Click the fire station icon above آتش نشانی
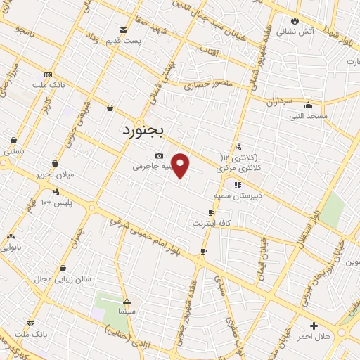[x=295, y=21]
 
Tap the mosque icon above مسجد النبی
[x=309, y=105]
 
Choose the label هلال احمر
[x=314, y=336]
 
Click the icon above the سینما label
[x=126, y=298]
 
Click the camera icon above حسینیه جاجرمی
[x=160, y=155]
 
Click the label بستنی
[x=14, y=150]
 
